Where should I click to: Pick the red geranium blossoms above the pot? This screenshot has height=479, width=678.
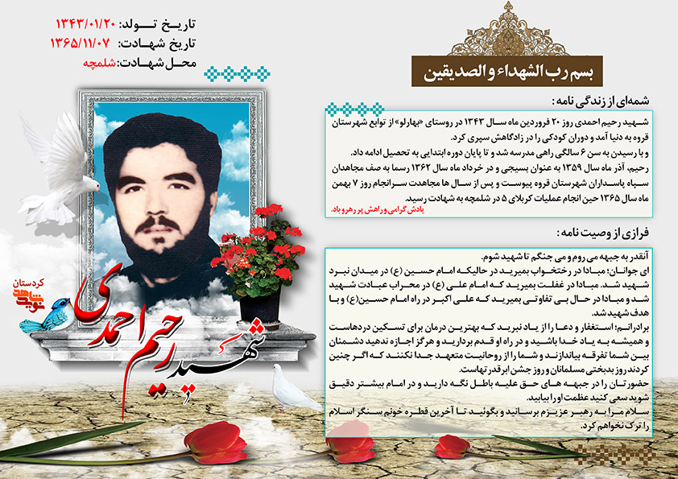coord(266,242)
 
